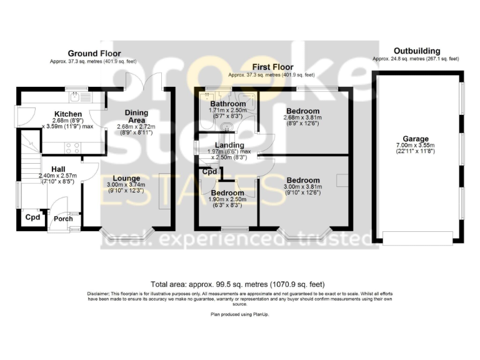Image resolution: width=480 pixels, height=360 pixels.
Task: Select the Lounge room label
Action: pos(127,177)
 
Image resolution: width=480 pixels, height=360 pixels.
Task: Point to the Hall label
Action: pos(58,169)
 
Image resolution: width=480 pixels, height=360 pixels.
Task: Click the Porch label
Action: pos(62,219)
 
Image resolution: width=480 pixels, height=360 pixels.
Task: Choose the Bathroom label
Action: pos(227,104)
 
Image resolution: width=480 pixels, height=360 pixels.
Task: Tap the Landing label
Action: pos(229,146)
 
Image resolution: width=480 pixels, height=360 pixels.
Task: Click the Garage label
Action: pos(415,139)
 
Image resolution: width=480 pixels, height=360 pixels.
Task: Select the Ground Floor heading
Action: pos(94,54)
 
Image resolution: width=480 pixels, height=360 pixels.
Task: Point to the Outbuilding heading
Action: pos(416,51)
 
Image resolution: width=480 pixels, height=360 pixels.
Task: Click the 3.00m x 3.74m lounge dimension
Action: pos(127,185)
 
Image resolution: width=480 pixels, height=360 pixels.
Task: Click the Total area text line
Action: pos(238,283)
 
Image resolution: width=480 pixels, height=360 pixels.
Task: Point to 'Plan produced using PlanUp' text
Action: pos(239,314)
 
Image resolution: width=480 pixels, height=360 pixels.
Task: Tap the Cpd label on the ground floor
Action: pos(32,217)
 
